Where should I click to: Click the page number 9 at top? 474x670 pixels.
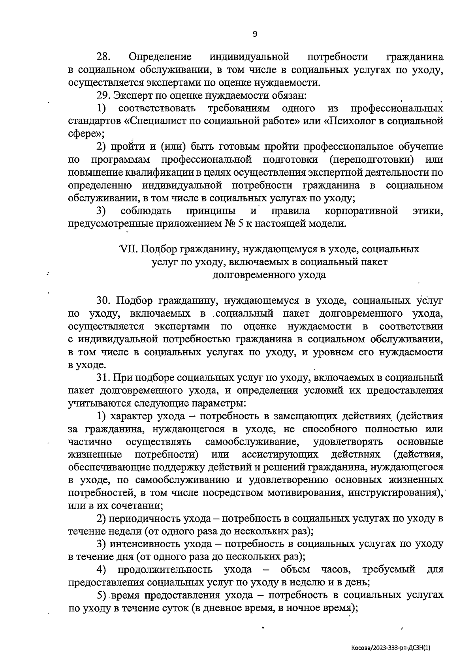point(255,34)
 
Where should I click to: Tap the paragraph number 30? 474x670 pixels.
point(105,301)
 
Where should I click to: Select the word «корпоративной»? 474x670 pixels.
point(362,211)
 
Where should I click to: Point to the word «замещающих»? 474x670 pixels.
point(300,416)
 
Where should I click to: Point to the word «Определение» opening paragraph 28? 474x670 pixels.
point(160,57)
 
